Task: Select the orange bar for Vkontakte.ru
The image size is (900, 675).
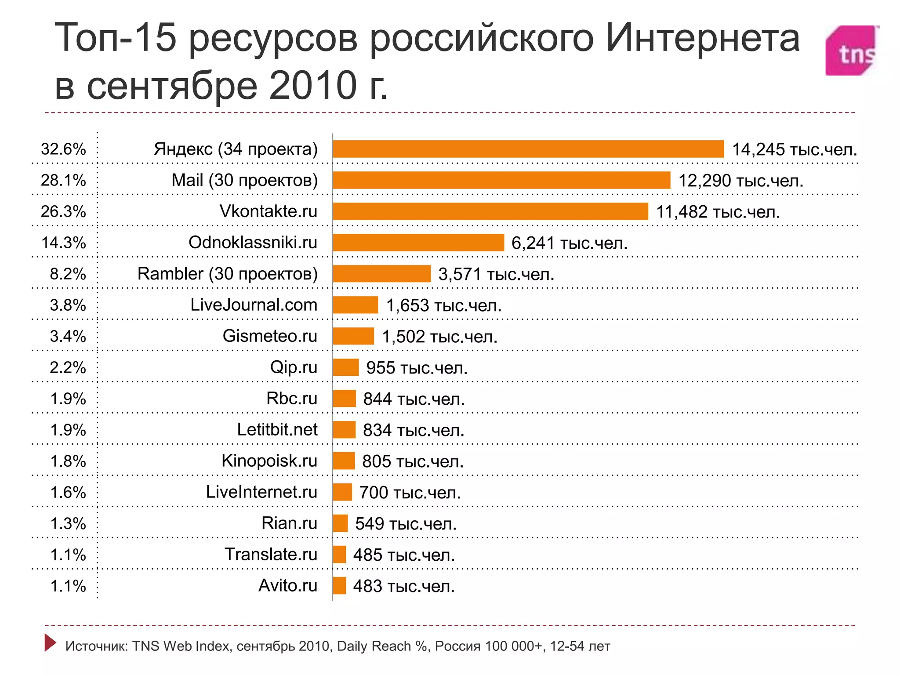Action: pyautogui.click(x=490, y=211)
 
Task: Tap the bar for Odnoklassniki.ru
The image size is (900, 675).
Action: pyautogui.click(x=418, y=243)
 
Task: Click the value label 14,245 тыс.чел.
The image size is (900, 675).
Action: pyautogui.click(x=795, y=149)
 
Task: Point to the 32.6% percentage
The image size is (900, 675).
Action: pyautogui.click(x=63, y=149)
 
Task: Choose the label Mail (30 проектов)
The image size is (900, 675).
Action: pyautogui.click(x=244, y=180)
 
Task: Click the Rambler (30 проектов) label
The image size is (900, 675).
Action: pyautogui.click(x=227, y=274)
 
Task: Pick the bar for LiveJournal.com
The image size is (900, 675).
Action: pyautogui.click(x=355, y=305)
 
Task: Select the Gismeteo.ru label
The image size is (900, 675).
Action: pyautogui.click(x=270, y=336)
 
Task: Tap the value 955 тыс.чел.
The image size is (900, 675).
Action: pyautogui.click(x=417, y=368)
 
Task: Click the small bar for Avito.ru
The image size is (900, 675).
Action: pyautogui.click(x=339, y=586)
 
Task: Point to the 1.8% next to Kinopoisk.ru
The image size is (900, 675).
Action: pyautogui.click(x=68, y=461)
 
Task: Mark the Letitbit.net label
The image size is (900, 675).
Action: pyautogui.click(x=277, y=430)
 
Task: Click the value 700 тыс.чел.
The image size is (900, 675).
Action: pyautogui.click(x=410, y=493)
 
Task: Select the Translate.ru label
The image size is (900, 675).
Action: pyautogui.click(x=271, y=555)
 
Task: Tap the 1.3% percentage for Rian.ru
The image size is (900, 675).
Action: pyautogui.click(x=68, y=523)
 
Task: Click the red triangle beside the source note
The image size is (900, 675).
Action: pyautogui.click(x=50, y=642)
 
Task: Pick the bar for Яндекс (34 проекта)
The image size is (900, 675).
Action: pyautogui.click(x=528, y=149)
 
